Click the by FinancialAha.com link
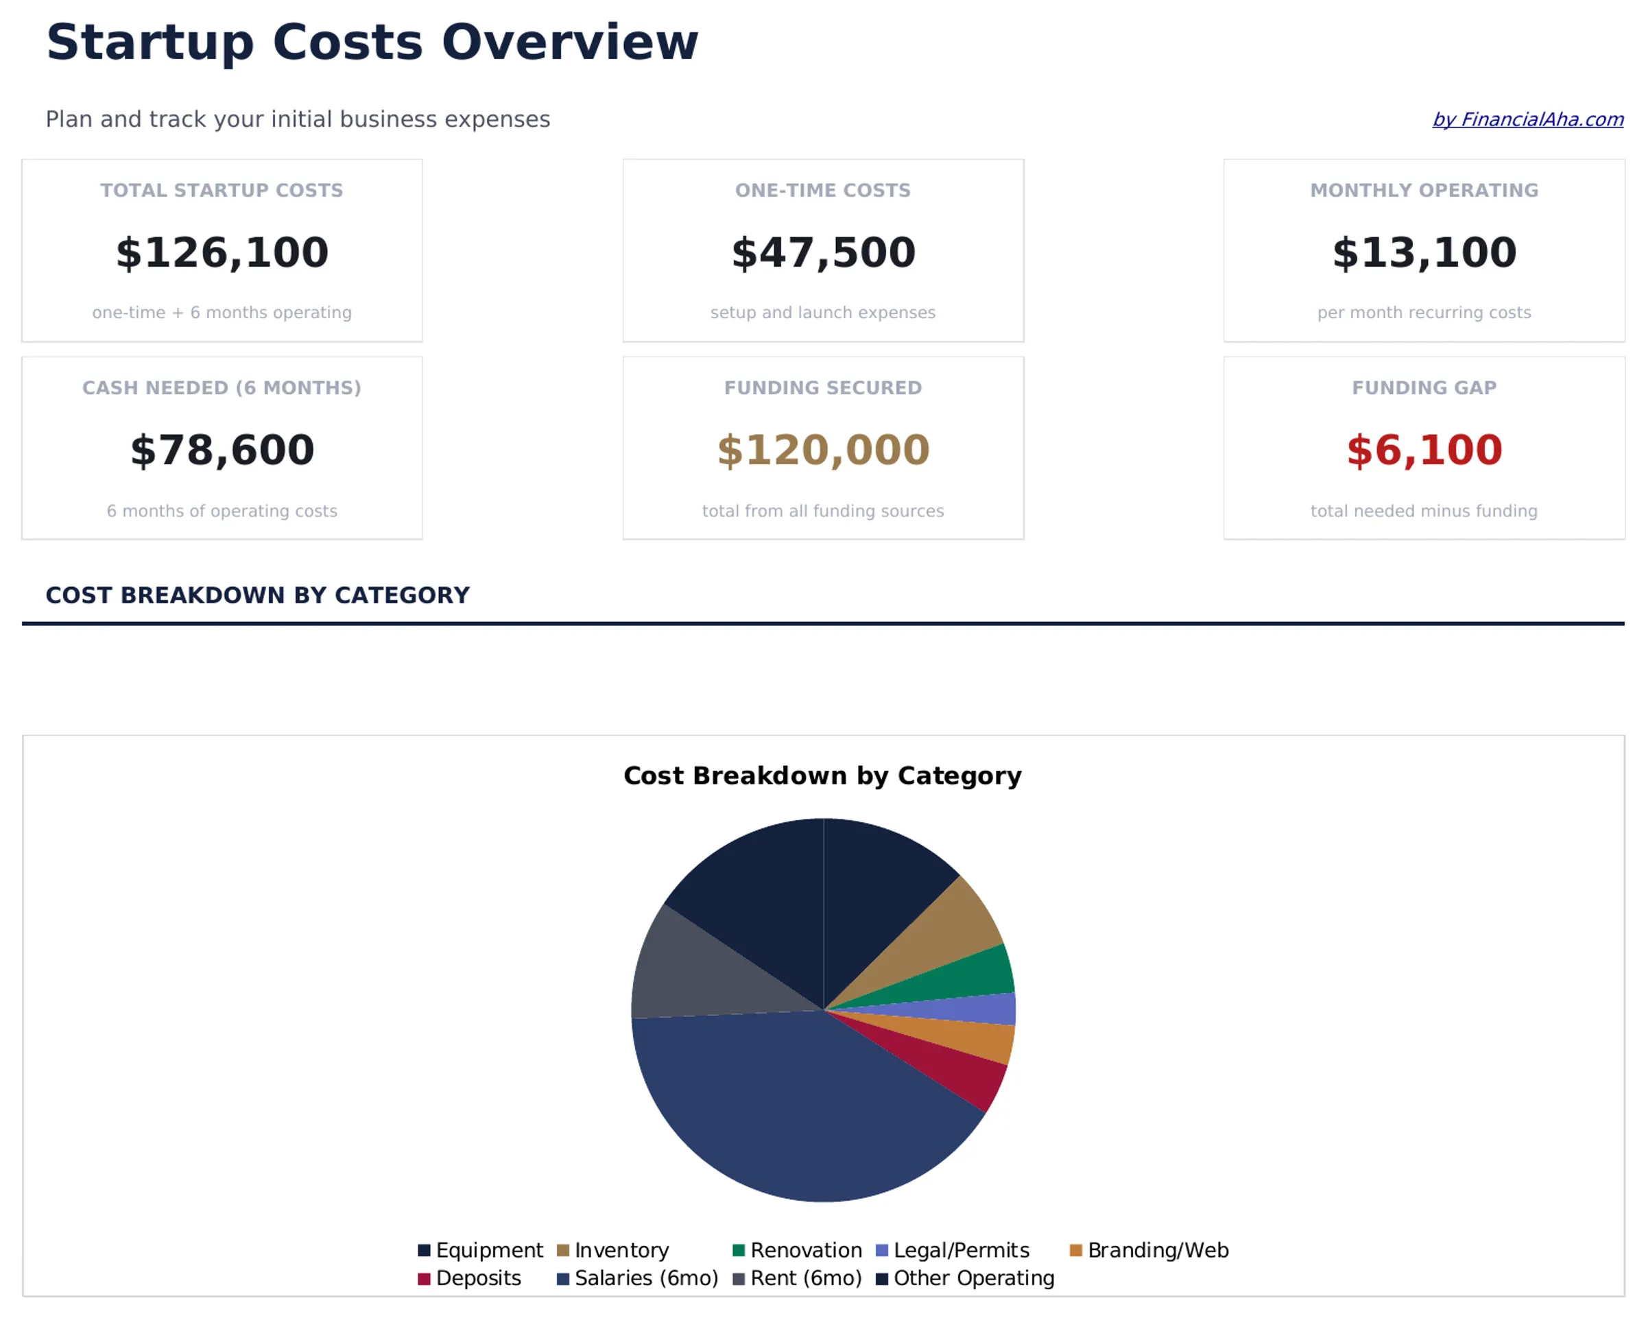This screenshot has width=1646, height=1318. (1527, 120)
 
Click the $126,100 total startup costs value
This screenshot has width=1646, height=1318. (222, 252)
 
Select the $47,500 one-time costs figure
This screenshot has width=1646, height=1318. (823, 252)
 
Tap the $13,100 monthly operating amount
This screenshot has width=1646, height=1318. (1424, 252)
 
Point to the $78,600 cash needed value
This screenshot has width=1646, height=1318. (222, 451)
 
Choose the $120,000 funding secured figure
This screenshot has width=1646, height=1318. (823, 451)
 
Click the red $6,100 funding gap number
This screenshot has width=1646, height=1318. (1424, 451)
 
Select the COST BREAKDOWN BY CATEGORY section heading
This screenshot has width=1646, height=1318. (257, 595)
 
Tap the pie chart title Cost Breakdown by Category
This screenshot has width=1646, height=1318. (822, 776)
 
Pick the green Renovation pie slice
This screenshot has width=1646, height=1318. (970, 977)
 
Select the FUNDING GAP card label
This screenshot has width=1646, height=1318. (1424, 387)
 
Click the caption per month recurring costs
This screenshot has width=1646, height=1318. (1424, 313)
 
